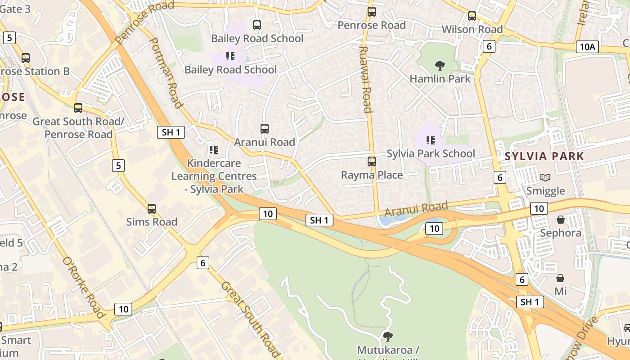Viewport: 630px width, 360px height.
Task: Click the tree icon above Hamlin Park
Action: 440,66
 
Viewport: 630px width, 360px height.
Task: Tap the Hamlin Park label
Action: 440,79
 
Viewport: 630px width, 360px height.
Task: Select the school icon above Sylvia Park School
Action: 431,140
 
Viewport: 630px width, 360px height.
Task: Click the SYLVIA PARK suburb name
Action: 544,157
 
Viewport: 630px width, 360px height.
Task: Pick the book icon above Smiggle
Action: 545,178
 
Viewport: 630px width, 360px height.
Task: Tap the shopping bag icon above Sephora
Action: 561,220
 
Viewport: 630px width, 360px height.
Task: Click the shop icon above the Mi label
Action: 560,278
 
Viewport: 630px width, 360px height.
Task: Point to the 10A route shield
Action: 587,47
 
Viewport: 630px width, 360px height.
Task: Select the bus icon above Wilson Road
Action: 472,16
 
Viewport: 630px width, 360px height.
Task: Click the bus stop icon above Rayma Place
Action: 372,162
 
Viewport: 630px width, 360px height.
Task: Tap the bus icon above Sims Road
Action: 152,209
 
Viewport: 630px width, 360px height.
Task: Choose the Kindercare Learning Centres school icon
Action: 214,149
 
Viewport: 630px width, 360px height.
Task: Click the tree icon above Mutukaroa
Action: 387,336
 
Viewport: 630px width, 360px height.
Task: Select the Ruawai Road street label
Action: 365,79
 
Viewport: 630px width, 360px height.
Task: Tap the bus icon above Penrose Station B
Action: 26,58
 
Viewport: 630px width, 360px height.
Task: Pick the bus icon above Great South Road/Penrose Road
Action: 78,108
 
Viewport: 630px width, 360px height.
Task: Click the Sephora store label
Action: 561,233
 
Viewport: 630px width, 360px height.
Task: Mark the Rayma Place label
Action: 372,175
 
